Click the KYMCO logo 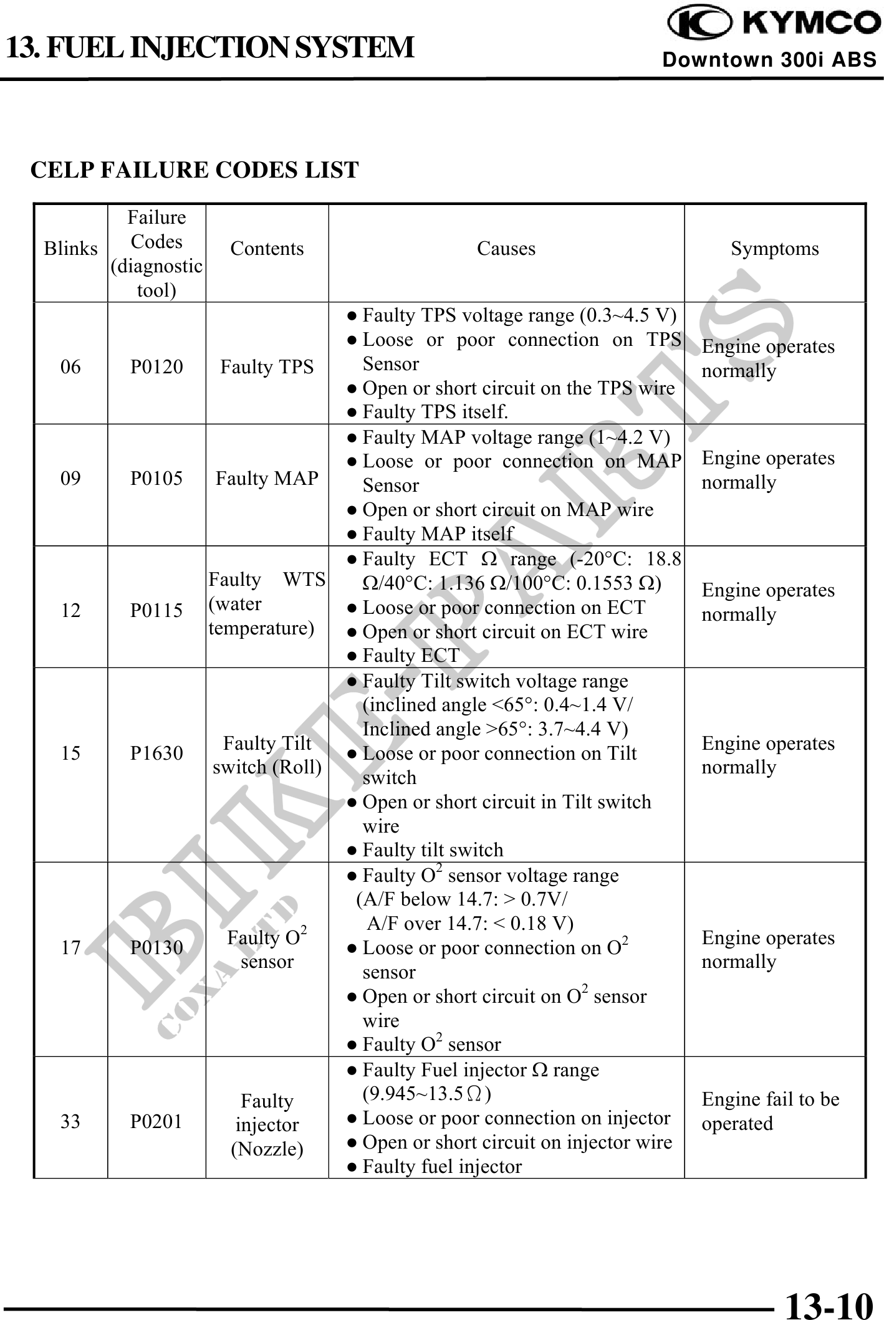[x=773, y=23]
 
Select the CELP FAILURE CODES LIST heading [x=195, y=170]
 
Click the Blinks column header [x=70, y=249]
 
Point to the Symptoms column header [x=774, y=249]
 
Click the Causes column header [x=506, y=249]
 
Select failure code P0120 [x=156, y=366]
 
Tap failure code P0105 [x=156, y=478]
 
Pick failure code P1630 [x=156, y=753]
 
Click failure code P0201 [x=156, y=1122]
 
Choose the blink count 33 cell [x=70, y=1122]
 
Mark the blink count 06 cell [x=70, y=366]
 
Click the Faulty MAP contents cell [x=267, y=478]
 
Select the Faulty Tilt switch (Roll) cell [x=267, y=755]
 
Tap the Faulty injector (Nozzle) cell [x=267, y=1125]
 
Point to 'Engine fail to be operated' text [x=770, y=1111]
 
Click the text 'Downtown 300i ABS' [x=769, y=60]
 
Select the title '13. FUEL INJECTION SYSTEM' [x=209, y=47]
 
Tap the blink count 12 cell [x=70, y=610]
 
